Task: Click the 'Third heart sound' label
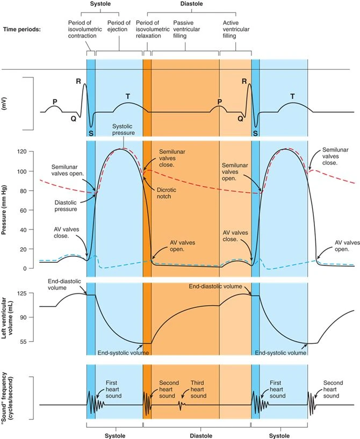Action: click(x=198, y=389)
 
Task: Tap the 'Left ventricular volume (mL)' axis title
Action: click(x=9, y=318)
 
